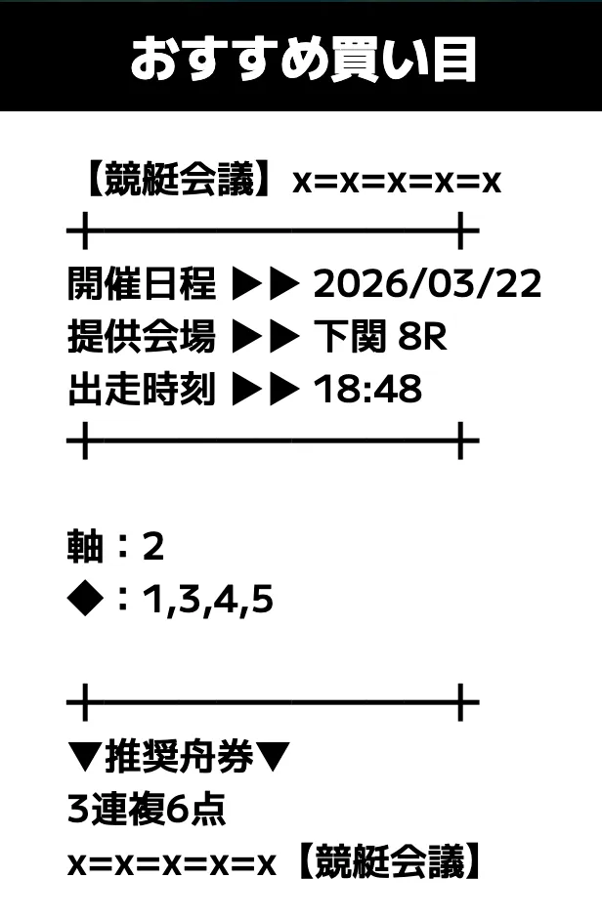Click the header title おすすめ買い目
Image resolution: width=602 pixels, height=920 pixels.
click(x=303, y=60)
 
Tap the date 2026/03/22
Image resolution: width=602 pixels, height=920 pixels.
click(x=428, y=284)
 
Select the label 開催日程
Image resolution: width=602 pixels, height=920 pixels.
click(x=142, y=283)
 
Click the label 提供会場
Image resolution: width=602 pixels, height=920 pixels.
click(x=142, y=336)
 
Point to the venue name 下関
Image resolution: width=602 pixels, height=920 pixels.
click(x=350, y=336)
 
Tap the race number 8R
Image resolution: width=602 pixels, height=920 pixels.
click(x=422, y=337)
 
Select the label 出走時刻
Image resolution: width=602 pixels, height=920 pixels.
click(x=142, y=389)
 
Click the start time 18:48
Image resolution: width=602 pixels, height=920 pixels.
click(x=367, y=389)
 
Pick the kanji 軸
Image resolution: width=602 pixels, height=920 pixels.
click(x=86, y=546)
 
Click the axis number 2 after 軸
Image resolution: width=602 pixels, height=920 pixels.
click(x=153, y=547)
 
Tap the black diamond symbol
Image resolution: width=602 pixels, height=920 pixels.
click(x=86, y=599)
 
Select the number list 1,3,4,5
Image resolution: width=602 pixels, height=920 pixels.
click(x=208, y=601)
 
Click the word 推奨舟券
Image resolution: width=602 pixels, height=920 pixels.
click(x=180, y=756)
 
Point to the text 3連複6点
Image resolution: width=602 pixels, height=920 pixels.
click(x=147, y=809)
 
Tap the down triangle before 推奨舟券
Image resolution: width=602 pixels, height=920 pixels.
click(x=86, y=757)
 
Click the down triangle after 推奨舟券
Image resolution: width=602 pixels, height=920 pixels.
click(x=273, y=757)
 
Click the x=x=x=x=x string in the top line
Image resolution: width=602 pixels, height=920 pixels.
click(x=397, y=182)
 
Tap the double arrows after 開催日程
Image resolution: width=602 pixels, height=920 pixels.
click(x=266, y=284)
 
